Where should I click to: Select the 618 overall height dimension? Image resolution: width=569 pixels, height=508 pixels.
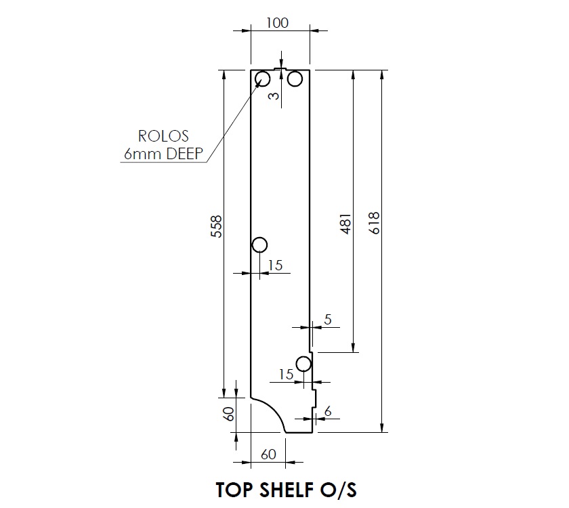pos(375,223)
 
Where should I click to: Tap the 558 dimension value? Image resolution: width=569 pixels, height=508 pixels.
pos(216,228)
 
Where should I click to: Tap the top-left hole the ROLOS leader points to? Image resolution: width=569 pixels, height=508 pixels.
pos(263,80)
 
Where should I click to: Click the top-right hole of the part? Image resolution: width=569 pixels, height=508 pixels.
pos(295,80)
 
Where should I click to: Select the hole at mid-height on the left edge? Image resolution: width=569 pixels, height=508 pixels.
pos(259,245)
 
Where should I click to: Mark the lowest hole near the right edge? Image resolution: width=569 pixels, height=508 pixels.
pos(303,364)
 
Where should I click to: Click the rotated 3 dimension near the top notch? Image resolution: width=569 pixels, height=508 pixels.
pos(274,96)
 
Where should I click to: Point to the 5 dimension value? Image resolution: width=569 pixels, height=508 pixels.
pos(328,320)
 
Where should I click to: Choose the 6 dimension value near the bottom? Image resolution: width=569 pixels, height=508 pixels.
pos(328,411)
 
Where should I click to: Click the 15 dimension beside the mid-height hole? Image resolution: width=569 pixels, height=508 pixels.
pos(275,266)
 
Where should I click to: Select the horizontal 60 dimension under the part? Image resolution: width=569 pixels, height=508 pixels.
pos(268,454)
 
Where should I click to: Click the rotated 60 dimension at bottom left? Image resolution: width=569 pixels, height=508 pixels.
pos(229,413)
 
